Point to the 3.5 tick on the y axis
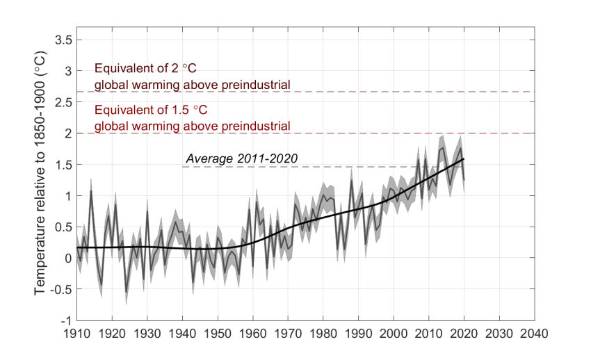click(x=63, y=40)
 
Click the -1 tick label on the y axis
click(x=66, y=320)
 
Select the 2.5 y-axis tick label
click(x=63, y=102)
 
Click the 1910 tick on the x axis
click(x=76, y=333)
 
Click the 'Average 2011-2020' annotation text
click(x=242, y=158)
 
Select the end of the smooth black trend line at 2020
click(x=464, y=159)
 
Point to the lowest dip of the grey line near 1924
click(x=126, y=292)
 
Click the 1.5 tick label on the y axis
click(x=63, y=165)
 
